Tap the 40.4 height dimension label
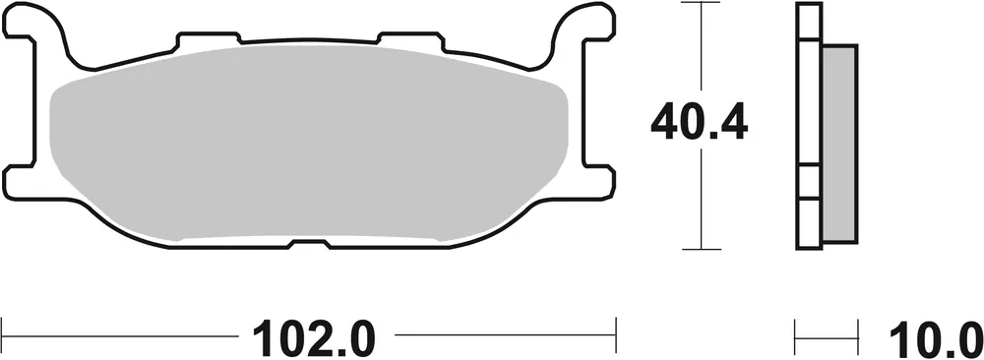[700, 123]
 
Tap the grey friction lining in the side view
[838, 143]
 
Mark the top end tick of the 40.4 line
[700, 5]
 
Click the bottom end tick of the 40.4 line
[700, 249]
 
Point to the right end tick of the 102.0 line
[616, 332]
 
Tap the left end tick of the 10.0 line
[796, 332]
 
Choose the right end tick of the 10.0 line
[856, 332]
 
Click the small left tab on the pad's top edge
[208, 40]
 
